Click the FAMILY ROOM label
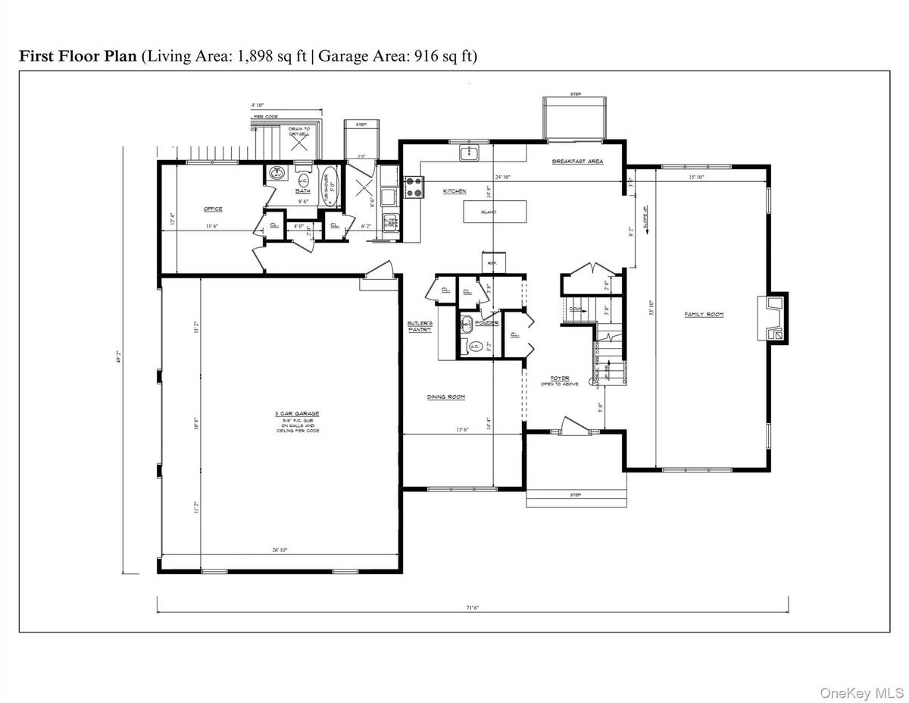[704, 314]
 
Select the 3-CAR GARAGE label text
[297, 414]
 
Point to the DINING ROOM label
[446, 397]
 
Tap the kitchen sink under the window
[467, 155]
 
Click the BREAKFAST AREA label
[577, 162]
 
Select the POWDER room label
[487, 323]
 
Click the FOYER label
[559, 377]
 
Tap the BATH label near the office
[303, 191]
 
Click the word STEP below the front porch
[576, 495]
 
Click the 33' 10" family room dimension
[651, 310]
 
